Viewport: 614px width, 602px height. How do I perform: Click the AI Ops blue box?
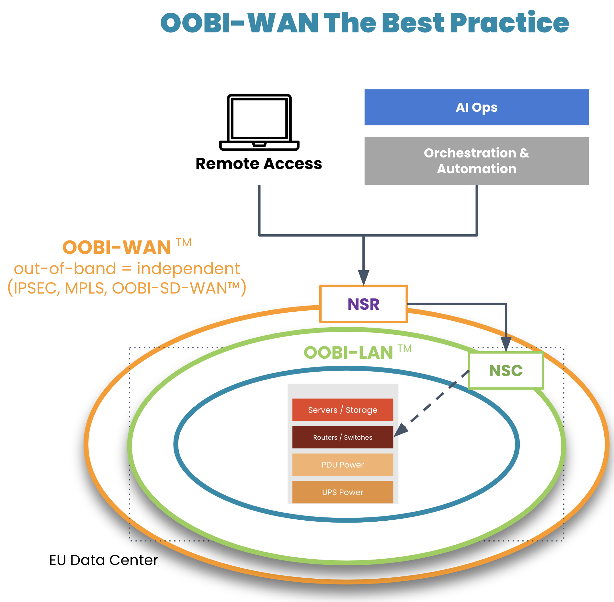[476, 107]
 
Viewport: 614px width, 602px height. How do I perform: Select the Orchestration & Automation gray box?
[476, 161]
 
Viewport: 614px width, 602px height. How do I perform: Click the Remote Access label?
[259, 164]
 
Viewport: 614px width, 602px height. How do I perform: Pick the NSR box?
[363, 304]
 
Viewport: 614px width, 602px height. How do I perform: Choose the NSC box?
[506, 370]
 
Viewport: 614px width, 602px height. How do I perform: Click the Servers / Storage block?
[343, 410]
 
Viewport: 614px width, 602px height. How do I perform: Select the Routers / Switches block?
[343, 437]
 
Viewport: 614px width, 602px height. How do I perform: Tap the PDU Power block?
[343, 465]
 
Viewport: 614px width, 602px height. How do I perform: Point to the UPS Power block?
[343, 492]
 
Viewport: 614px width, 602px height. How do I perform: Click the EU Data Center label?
[104, 560]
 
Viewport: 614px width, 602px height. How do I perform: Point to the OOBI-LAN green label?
[348, 353]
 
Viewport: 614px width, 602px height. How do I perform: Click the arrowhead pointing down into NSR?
[364, 278]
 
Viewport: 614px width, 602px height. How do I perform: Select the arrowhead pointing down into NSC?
[506, 344]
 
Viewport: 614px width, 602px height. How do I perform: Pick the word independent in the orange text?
[188, 269]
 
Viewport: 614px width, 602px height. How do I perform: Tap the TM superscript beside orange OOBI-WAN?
[184, 242]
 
